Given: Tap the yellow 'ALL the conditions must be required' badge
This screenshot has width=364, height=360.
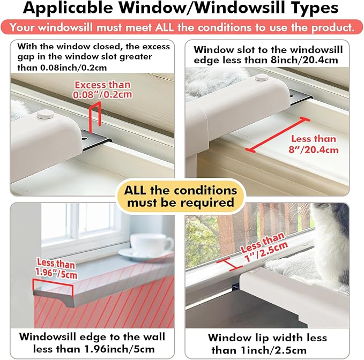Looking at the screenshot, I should [x=180, y=197].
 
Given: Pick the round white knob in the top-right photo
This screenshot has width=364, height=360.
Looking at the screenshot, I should [x=262, y=78].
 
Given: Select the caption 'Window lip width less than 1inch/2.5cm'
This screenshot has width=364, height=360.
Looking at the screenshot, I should [x=266, y=344].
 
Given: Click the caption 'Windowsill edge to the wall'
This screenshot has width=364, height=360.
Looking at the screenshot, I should [x=92, y=337].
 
